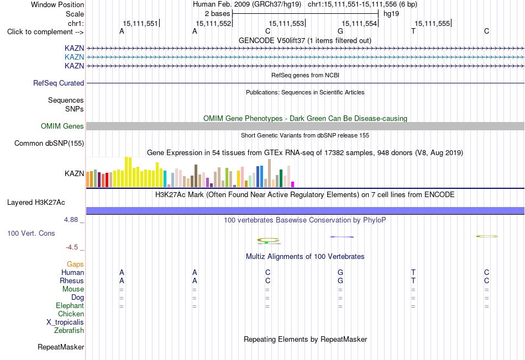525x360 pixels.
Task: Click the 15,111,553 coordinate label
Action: [286, 23]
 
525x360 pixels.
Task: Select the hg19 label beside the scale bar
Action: [391, 14]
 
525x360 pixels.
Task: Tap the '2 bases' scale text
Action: [218, 14]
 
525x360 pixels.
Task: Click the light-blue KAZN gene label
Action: [75, 57]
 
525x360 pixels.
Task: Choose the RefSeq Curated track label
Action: [59, 83]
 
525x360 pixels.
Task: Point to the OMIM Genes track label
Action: [62, 126]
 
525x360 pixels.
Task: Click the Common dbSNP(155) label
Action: [49, 143]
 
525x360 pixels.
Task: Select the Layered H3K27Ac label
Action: [36, 203]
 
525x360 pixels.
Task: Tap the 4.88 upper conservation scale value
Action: [71, 220]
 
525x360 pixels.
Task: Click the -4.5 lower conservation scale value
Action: [72, 247]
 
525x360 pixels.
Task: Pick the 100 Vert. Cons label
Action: [31, 233]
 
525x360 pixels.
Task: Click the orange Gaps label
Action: [75, 264]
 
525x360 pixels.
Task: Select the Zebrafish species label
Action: [69, 330]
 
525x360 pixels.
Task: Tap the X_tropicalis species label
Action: [65, 322]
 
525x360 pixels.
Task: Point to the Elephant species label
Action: [70, 305]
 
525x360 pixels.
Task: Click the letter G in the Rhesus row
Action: [340, 280]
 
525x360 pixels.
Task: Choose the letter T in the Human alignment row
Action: [413, 272]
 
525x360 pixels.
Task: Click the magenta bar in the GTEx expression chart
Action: [293, 184]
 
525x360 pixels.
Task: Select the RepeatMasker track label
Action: [61, 347]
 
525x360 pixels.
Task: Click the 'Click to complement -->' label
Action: [45, 32]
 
